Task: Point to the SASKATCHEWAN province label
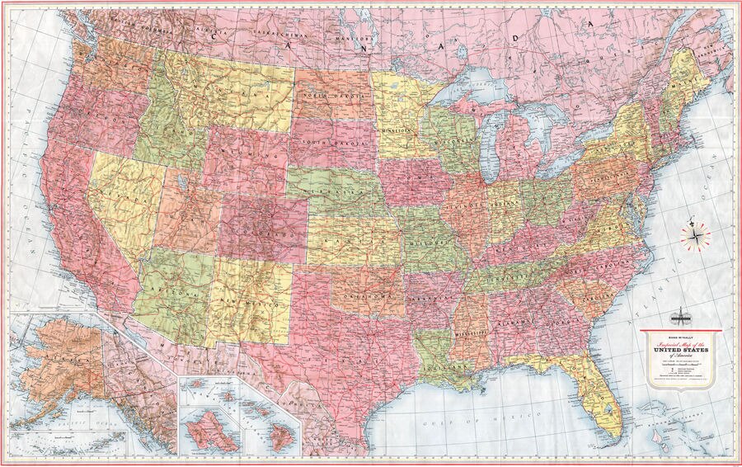coord(279,37)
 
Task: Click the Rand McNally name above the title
coord(681,335)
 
